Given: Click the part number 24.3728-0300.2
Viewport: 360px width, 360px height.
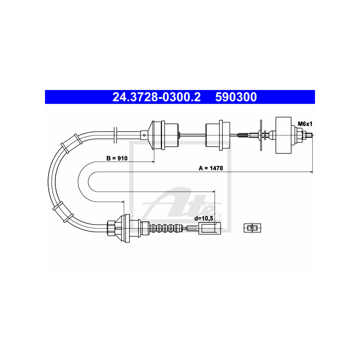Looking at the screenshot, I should [x=157, y=97].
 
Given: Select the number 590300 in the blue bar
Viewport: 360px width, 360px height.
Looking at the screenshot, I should [x=236, y=97].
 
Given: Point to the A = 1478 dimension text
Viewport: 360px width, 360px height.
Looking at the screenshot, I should [x=211, y=168].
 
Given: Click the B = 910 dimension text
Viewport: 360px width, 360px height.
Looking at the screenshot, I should [x=117, y=158].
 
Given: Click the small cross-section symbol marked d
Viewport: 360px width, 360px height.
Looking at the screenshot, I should [x=252, y=228].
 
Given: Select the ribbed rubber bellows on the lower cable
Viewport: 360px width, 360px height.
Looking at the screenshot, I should [x=167, y=228].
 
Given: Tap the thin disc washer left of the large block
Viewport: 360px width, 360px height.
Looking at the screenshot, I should [x=261, y=134].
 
